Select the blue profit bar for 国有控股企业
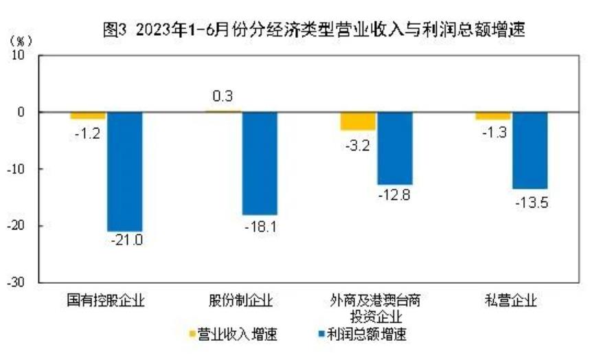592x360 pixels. [124, 171]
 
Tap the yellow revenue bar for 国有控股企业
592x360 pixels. [88, 115]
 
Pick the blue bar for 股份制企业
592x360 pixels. [260, 163]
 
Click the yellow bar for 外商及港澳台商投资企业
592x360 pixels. [358, 121]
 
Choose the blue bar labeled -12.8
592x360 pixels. [395, 148]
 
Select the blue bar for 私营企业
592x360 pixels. [530, 150]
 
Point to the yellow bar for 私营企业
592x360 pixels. [493, 115]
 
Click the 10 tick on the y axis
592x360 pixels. [19, 55]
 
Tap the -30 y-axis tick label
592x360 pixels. [17, 282]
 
